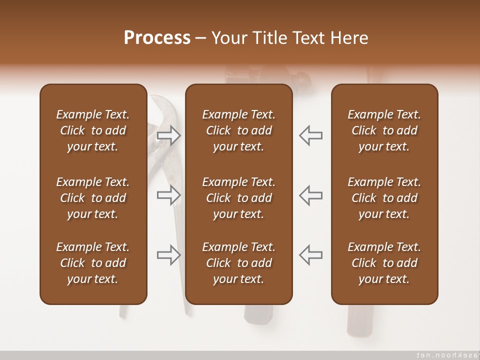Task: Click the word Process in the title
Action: pos(157,38)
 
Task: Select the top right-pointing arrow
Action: pos(168,135)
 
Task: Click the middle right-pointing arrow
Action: pos(168,195)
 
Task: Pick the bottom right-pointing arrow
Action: pos(168,255)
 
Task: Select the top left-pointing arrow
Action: pos(310,135)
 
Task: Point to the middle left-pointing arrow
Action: pos(310,195)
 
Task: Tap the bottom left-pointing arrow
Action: pos(310,255)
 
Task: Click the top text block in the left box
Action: pos(93,130)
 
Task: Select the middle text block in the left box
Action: pos(93,198)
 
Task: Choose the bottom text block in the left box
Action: pos(93,263)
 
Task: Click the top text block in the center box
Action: pos(238,130)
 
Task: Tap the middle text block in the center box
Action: pos(238,198)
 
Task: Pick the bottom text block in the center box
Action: pos(238,263)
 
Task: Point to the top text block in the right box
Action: pos(384,130)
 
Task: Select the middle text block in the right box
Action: pos(384,198)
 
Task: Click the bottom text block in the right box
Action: pos(384,263)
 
